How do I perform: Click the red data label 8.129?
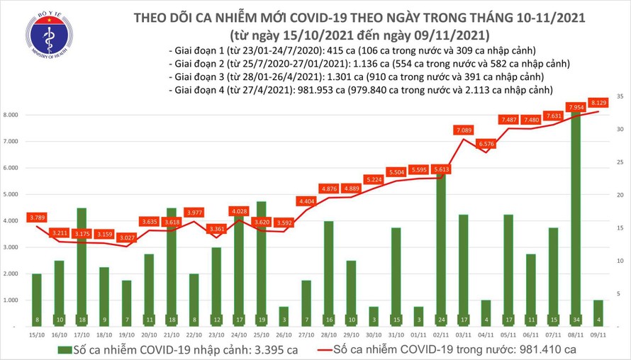coord(598,101)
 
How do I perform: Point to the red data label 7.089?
coord(464,129)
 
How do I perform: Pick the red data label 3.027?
coord(125,237)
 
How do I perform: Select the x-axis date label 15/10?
coord(35,334)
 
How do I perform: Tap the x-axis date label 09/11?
coord(598,334)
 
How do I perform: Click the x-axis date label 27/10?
coord(306,334)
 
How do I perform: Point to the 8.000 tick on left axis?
coord(11,115)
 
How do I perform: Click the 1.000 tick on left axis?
coord(11,300)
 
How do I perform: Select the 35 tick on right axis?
coord(620,96)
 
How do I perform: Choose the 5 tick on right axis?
coord(620,293)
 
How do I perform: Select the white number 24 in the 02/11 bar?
coord(441,320)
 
